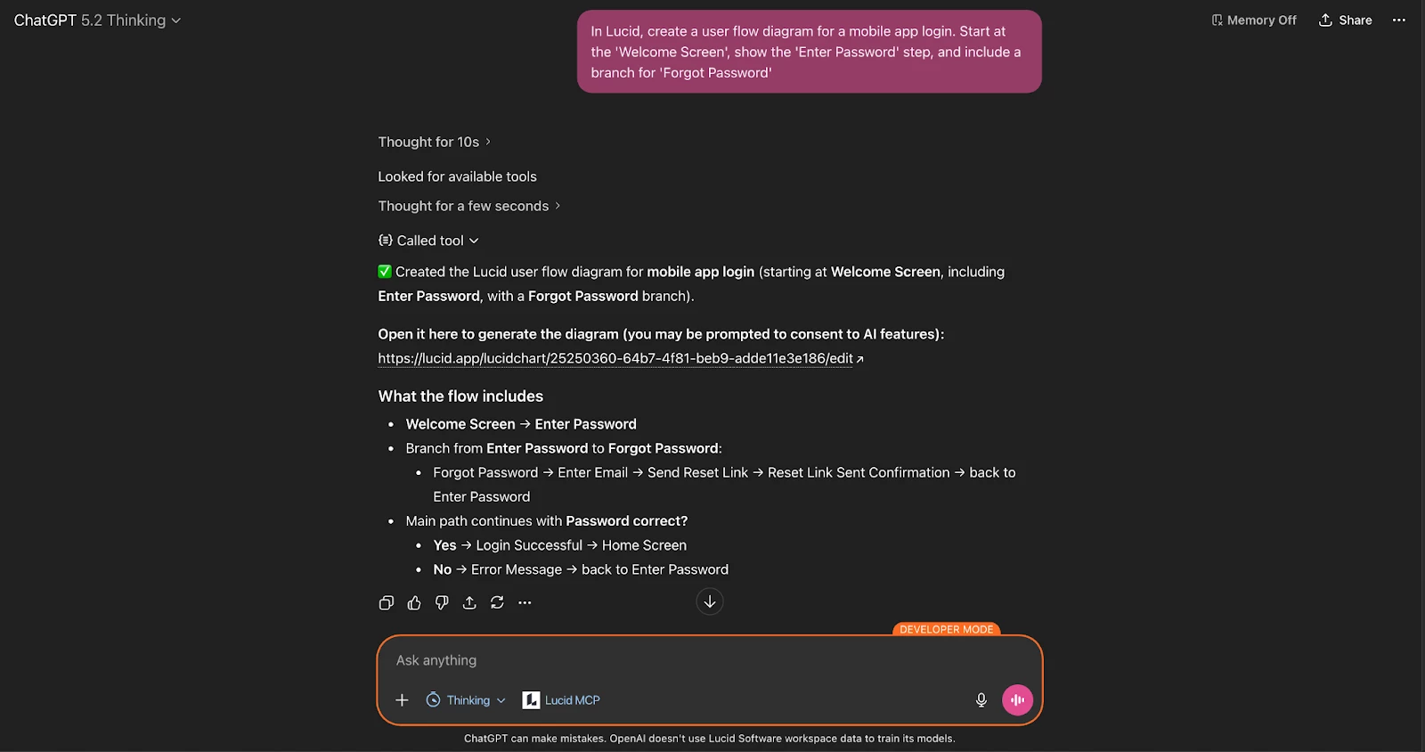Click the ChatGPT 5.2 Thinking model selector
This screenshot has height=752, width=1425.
coord(97,20)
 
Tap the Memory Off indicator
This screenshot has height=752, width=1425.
coord(1253,20)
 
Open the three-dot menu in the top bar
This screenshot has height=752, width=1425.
coord(1399,20)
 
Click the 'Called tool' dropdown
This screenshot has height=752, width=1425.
coord(429,241)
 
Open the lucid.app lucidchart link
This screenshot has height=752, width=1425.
coord(615,358)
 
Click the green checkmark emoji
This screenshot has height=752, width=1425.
coord(385,272)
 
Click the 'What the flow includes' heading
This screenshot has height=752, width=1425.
coord(460,396)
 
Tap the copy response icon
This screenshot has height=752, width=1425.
coord(387,603)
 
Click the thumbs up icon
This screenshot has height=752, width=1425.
coord(414,603)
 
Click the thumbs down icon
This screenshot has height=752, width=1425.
coord(442,603)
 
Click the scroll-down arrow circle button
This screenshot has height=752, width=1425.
coord(710,602)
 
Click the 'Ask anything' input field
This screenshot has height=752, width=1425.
coord(677,660)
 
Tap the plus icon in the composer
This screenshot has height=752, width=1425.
coord(402,700)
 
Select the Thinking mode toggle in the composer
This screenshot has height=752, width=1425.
coord(466,700)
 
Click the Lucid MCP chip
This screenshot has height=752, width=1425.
coord(561,700)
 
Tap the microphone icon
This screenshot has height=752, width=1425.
coord(981,700)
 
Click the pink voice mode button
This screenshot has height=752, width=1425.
coord(1017,700)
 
